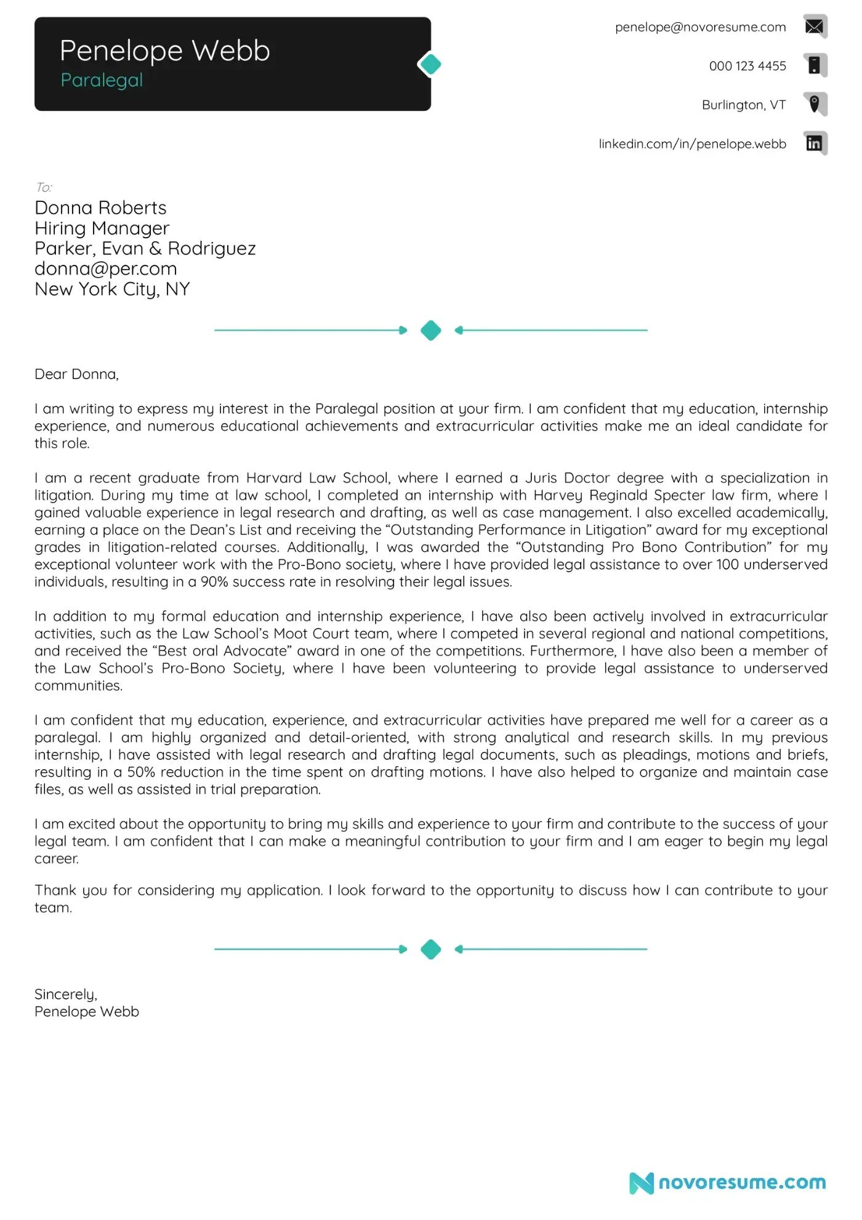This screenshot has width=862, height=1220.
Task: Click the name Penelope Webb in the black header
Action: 164,51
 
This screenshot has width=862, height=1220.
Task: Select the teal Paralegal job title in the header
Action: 102,80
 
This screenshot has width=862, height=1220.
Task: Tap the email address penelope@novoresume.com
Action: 700,27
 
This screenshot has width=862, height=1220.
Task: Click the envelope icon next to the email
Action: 815,26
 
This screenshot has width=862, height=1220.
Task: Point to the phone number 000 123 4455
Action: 747,66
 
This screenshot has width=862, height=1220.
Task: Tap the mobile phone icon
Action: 815,65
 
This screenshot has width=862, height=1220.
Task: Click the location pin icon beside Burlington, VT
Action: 815,103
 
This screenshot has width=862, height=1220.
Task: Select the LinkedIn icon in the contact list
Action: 815,143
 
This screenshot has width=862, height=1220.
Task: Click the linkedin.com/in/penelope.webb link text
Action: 692,143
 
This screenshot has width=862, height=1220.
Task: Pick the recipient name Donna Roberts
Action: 100,208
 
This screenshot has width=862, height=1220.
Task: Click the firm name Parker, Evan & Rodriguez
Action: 145,248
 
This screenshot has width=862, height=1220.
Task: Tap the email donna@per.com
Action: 105,269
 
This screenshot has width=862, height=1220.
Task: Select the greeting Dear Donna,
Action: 76,374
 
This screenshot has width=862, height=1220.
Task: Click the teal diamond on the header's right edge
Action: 430,64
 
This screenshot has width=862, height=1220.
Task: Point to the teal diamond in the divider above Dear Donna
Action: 430,330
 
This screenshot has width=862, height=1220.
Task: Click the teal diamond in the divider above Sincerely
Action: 430,949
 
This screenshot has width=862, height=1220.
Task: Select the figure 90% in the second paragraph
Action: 214,582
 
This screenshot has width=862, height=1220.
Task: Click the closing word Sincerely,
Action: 65,994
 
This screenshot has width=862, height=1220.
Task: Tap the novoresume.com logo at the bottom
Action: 728,1182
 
